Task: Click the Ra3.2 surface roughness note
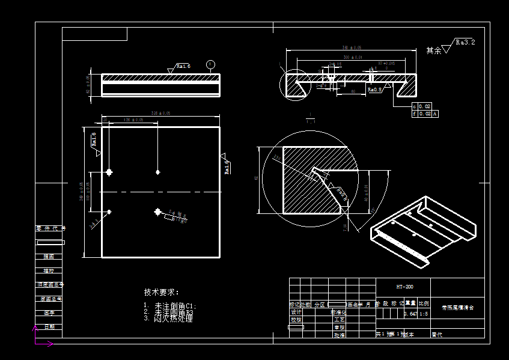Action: (x=465, y=43)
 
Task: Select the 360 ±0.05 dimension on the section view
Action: (x=352, y=47)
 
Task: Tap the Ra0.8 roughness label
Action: (x=374, y=89)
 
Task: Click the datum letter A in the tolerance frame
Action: (x=435, y=114)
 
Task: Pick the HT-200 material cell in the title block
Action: (x=404, y=287)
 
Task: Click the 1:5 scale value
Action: (x=424, y=314)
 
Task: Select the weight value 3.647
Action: (x=410, y=314)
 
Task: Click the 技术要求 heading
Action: (x=162, y=292)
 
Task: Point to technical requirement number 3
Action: (x=169, y=319)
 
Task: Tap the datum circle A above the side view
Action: (x=210, y=64)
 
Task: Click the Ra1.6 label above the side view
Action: (x=183, y=66)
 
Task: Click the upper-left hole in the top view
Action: (x=109, y=172)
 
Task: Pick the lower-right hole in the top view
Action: (x=158, y=212)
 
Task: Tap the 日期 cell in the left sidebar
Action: (x=49, y=327)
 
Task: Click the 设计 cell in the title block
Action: (x=296, y=313)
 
